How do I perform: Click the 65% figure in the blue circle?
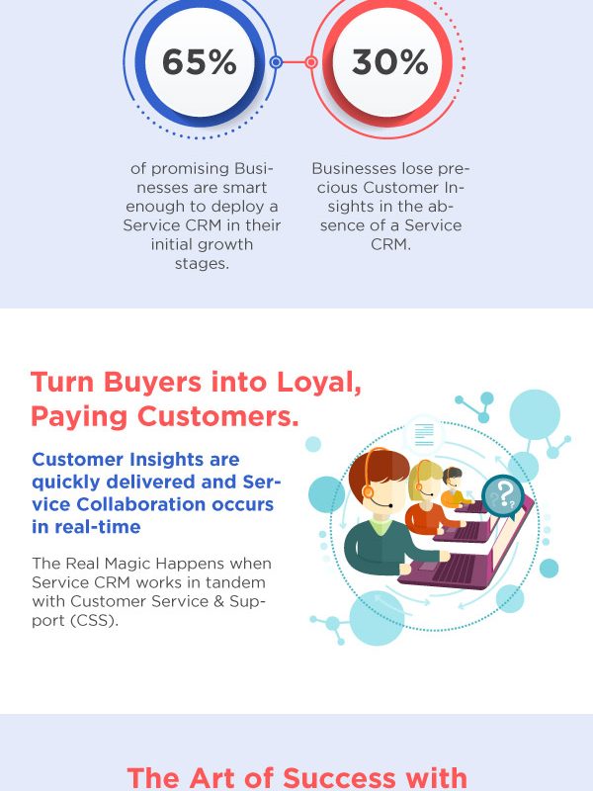pos(200,62)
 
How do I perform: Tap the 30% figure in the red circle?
pos(389,62)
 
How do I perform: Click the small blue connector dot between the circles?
pos(276,62)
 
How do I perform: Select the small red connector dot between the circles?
pos(311,62)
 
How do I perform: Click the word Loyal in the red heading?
pos(319,384)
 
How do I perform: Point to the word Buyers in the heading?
pos(154,384)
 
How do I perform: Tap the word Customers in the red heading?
pos(218,416)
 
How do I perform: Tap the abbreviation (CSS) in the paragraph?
pos(94,620)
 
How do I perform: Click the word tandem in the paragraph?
pos(237,582)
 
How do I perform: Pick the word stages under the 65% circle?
pos(202,264)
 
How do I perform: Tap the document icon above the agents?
pos(424,435)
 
